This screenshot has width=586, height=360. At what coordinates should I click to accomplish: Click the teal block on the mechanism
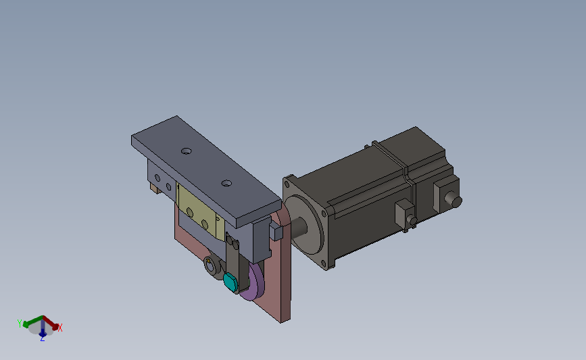[x=230, y=282]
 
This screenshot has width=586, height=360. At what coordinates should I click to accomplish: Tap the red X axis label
[x=59, y=328]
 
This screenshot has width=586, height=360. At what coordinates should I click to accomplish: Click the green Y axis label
[x=20, y=324]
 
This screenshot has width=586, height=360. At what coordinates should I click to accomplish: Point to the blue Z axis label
[x=42, y=338]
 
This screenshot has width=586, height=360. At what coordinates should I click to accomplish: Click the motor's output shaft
[x=298, y=227]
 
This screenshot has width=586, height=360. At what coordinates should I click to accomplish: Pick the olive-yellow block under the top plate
[x=200, y=211]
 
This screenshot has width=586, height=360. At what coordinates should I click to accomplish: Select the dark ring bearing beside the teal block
[x=212, y=267]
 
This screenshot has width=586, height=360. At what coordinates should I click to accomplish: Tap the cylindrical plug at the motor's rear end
[x=455, y=201]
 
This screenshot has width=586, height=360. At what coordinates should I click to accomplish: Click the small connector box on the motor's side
[x=404, y=215]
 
